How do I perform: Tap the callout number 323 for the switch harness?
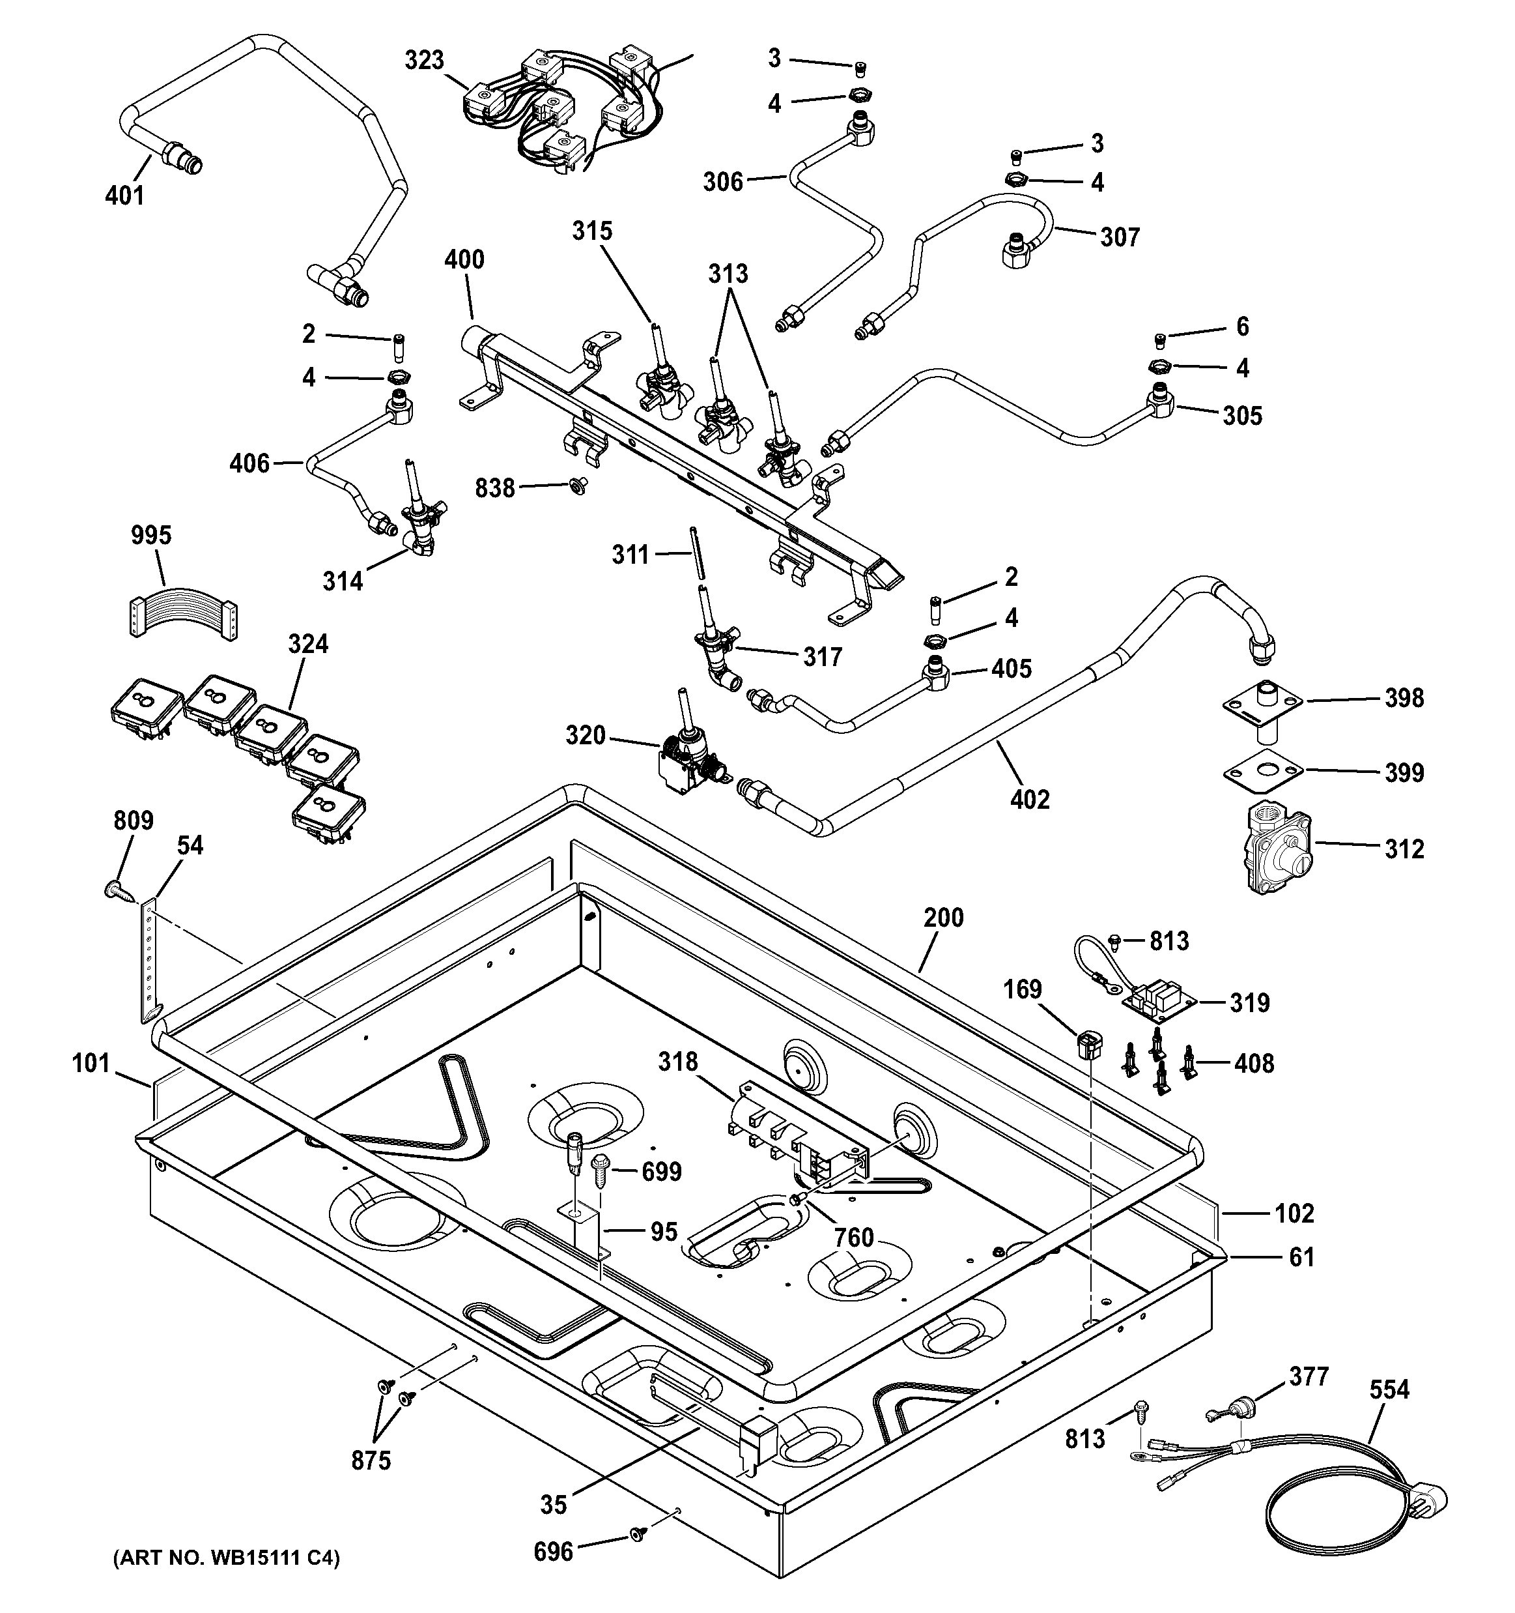pos(424,60)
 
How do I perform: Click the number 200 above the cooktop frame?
pos(943,918)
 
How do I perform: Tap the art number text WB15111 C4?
pos(226,1557)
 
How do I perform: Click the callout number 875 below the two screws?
pos(371,1460)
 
